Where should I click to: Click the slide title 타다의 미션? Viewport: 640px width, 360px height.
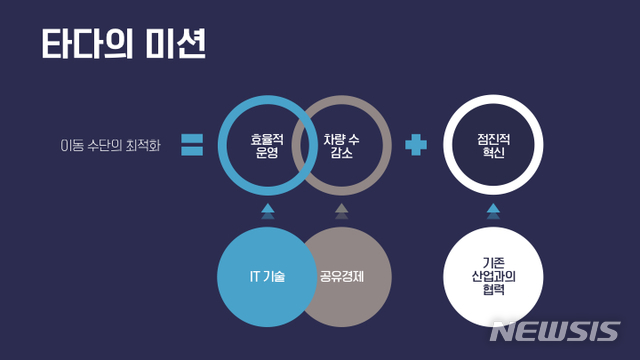pyautogui.click(x=123, y=45)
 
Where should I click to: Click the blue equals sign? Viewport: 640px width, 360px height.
pyautogui.click(x=193, y=146)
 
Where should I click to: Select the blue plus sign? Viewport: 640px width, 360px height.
pyautogui.click(x=416, y=146)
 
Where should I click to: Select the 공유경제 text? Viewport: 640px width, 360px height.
pyautogui.click(x=343, y=276)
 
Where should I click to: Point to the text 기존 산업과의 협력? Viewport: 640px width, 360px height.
pyautogui.click(x=493, y=275)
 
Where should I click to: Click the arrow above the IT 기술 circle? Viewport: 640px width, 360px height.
pyautogui.click(x=267, y=211)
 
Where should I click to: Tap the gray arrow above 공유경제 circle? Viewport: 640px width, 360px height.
pyautogui.click(x=342, y=211)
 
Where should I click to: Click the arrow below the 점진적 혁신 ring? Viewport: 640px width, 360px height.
pyautogui.click(x=493, y=211)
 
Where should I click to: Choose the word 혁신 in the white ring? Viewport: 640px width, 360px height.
pyautogui.click(x=493, y=155)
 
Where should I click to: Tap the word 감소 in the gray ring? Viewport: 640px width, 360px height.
pyautogui.click(x=342, y=155)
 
